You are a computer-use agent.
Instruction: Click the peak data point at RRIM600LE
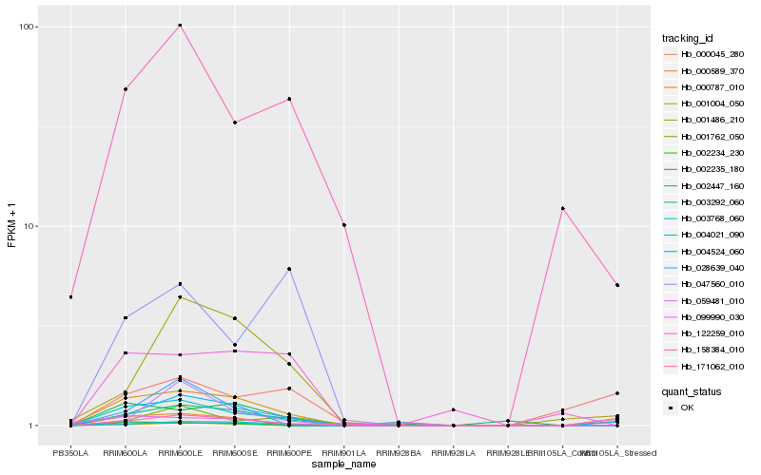[x=180, y=25]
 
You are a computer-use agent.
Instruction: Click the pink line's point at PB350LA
[x=70, y=297]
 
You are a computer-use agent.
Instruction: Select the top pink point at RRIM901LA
[x=344, y=225]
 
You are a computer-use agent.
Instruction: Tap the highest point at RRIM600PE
[x=289, y=99]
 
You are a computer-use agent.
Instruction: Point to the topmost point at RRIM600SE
[x=235, y=123]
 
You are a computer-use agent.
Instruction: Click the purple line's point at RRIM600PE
[x=289, y=270]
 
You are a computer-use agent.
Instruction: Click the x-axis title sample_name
[x=343, y=465]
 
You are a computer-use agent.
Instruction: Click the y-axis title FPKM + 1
[x=11, y=225]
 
